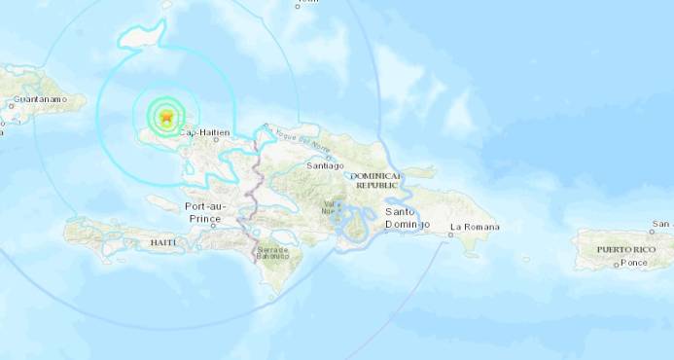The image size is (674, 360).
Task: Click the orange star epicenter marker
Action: click(x=166, y=117)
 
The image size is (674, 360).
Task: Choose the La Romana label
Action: click(x=475, y=227)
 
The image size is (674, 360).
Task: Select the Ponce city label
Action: click(x=634, y=264)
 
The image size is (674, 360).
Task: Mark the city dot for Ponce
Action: click(x=616, y=264)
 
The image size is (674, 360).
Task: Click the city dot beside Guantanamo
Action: click(x=11, y=104)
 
